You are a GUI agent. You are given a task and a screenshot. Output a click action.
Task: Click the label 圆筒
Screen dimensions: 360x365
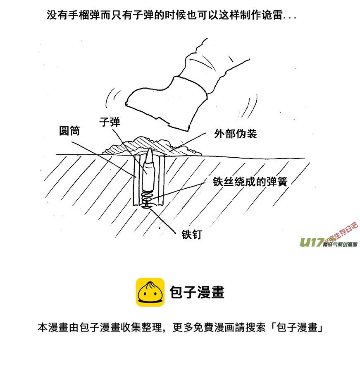coord(69,131)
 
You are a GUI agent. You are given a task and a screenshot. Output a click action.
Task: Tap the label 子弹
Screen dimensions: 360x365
coord(110,122)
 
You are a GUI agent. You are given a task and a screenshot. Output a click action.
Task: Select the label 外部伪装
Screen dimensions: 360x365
coord(235,134)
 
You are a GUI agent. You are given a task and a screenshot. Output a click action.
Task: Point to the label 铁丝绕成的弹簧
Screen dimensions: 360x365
coord(250,182)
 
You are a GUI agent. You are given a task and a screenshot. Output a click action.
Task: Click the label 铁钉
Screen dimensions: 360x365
coord(192,234)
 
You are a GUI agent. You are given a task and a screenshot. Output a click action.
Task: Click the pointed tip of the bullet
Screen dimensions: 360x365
coord(150,149)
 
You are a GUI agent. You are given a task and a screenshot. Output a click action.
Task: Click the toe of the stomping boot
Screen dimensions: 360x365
coord(127,104)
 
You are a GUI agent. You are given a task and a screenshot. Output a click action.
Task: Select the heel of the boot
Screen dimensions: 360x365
coord(179,127)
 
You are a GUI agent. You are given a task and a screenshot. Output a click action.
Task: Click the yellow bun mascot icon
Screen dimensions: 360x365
coord(150,292)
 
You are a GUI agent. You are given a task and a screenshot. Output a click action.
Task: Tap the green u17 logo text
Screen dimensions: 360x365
coord(312,243)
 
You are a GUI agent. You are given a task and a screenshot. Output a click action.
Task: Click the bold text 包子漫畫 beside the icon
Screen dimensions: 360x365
coord(197,292)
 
